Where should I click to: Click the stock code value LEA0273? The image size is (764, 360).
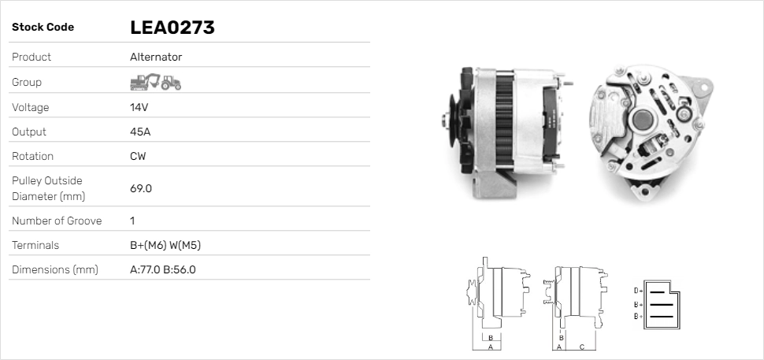[x=172, y=28]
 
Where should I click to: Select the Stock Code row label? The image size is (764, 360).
[x=43, y=28]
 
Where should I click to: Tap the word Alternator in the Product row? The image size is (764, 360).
[x=155, y=58]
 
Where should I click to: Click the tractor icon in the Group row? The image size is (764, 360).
[x=170, y=82]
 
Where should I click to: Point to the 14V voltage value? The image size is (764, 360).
[x=139, y=107]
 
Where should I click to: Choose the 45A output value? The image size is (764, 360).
[x=140, y=132]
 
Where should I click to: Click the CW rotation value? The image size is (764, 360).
[x=138, y=156]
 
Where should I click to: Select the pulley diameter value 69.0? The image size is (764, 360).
[x=140, y=188]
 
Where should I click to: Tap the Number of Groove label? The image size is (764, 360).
[x=57, y=221]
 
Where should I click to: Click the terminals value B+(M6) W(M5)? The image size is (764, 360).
[x=165, y=245]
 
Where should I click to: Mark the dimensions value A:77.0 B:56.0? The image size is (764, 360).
[x=162, y=269]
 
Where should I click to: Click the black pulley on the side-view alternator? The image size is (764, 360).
[x=453, y=120]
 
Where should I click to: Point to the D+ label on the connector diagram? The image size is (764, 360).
[x=638, y=291]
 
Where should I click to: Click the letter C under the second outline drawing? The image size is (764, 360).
[x=581, y=346]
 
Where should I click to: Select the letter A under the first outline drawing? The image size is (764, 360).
[x=490, y=346]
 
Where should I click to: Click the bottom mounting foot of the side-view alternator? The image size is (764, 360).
[x=491, y=187]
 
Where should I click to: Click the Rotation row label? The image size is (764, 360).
[x=34, y=156]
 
